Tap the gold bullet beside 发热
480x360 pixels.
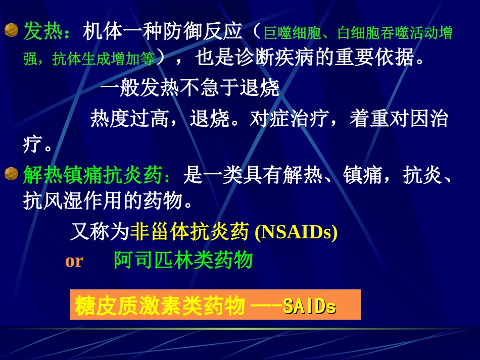coord(11,31)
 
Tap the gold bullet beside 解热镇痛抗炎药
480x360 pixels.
coord(11,175)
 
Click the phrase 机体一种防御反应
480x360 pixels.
coord(162,33)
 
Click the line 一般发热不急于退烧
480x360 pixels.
coord(190,89)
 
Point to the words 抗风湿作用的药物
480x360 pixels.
coord(108,202)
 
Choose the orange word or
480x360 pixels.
coord(74,261)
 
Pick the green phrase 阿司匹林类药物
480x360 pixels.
coord(183,261)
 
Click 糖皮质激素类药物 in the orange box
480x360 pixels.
coord(160,306)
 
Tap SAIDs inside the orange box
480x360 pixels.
coord(309,306)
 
